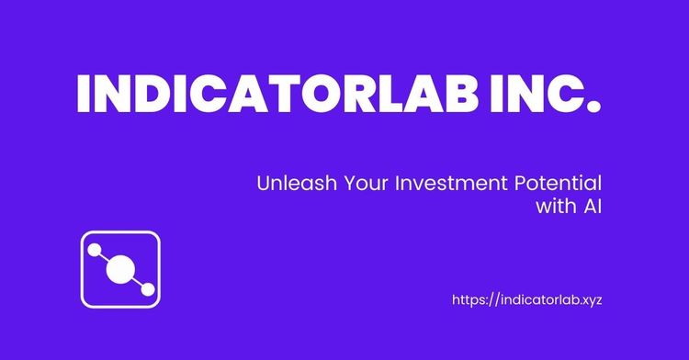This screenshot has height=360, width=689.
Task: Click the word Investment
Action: coord(440,183)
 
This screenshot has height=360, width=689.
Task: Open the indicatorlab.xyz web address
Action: coord(528,299)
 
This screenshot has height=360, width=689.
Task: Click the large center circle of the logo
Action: coord(119,269)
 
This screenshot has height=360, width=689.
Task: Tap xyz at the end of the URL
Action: coord(590,300)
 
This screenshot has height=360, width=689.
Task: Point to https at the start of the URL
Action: coord(470,299)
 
